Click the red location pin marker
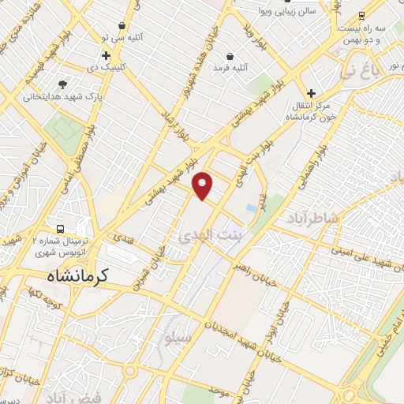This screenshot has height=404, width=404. point(204,185)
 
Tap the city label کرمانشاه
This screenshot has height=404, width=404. point(73,275)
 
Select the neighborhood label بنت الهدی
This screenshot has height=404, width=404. point(207,235)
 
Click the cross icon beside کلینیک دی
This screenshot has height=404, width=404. point(107,55)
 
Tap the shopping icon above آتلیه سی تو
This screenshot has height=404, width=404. point(121,25)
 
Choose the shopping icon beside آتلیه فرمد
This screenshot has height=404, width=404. point(230,57)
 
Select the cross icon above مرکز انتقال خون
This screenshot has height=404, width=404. point(312,93)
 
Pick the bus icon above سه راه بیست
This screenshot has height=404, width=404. point(362,15)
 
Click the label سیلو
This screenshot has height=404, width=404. point(178,337)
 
